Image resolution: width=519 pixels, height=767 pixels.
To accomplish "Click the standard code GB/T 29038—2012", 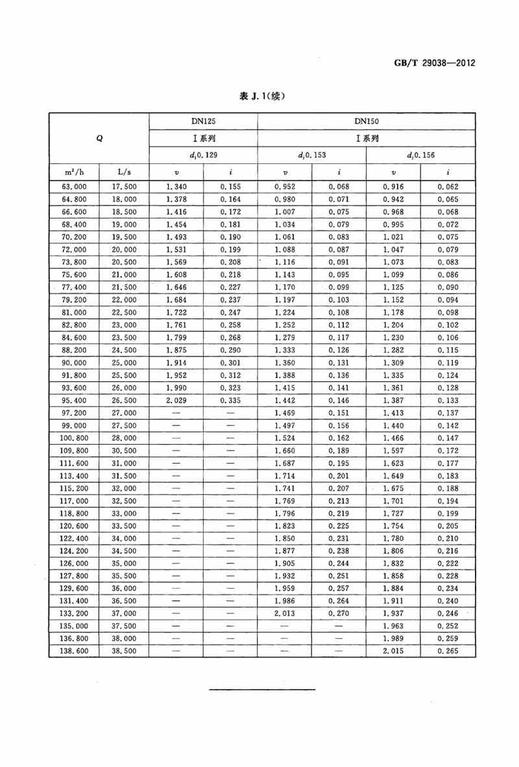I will [x=435, y=63].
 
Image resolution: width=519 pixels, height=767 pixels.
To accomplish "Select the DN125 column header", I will [x=203, y=121].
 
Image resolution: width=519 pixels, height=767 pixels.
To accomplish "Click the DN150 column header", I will [x=367, y=121].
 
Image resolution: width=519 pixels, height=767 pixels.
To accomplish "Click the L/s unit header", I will [x=124, y=172].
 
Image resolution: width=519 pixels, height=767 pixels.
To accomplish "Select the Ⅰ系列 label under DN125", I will [x=203, y=138].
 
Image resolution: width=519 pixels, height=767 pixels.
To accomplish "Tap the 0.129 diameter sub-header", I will [x=203, y=156].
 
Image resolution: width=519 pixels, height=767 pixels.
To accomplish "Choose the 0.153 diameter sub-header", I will [x=312, y=156].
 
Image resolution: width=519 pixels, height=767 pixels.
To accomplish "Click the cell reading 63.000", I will [x=74, y=187].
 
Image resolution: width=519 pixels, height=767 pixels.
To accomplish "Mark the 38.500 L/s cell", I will [x=125, y=650].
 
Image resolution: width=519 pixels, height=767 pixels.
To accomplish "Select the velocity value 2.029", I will [x=176, y=400].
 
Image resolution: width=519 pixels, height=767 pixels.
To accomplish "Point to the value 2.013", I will [x=284, y=613].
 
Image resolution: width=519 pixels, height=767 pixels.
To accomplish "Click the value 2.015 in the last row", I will [x=394, y=650].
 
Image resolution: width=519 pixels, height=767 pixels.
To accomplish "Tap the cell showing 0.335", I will [x=230, y=400].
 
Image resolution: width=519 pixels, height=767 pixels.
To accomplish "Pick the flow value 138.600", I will [x=74, y=650].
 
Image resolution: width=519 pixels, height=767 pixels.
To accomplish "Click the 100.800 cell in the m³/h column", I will [x=74, y=438].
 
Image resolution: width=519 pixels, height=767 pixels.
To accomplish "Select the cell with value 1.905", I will [x=284, y=563].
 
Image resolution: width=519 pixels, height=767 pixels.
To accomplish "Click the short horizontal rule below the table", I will [x=263, y=689].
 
